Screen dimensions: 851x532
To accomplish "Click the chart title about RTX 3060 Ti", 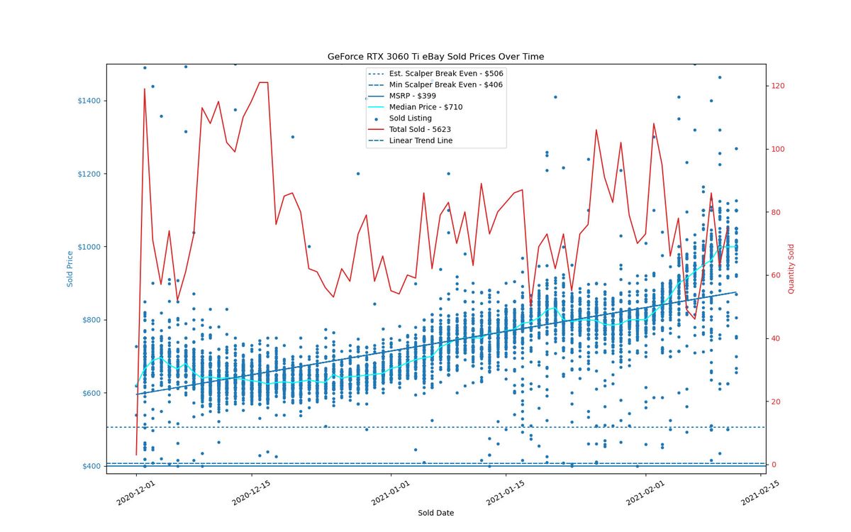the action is pos(435,57).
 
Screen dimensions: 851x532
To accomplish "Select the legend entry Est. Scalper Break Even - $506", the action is pos(435,74).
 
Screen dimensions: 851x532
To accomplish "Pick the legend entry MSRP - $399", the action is pos(402,96).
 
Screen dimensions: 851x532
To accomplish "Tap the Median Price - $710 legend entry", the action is pos(416,107).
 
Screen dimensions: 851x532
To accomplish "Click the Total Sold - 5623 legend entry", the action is pos(410,129).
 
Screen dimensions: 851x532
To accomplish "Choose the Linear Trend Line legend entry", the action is pos(411,140).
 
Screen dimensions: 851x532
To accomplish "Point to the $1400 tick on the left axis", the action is pos(89,101).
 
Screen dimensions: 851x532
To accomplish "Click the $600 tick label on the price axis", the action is pos(91,393).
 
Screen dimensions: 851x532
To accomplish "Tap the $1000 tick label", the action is pos(89,247).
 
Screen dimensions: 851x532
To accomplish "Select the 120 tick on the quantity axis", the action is pos(778,86).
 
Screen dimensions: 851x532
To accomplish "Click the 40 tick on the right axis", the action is pos(775,338).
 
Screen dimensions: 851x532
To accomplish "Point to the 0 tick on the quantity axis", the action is pos(773,465).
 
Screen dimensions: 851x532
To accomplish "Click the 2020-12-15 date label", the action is pos(251,493).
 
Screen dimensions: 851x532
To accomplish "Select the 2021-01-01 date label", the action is pos(391,493).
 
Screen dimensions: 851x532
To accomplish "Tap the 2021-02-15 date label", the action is pos(760,493).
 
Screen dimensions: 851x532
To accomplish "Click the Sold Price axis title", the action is pos(70,269).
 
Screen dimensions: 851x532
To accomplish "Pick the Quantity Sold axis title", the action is pos(791,269).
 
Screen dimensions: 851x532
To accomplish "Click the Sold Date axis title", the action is pos(435,513).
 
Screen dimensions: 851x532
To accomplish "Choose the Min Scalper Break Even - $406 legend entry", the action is pos(435,84).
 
